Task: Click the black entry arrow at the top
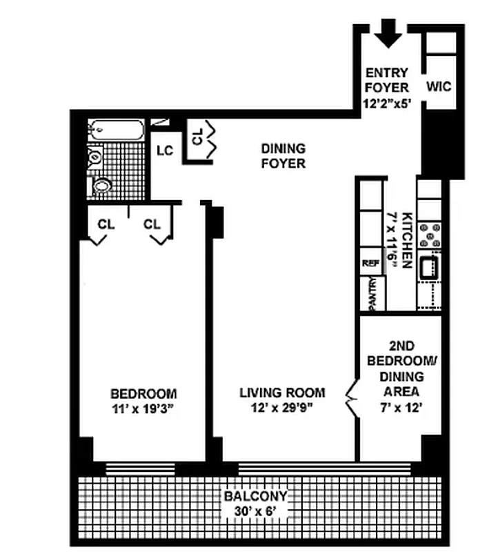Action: tap(390, 33)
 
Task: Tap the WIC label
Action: tap(439, 87)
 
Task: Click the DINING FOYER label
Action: tap(283, 156)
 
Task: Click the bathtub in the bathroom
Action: tap(117, 130)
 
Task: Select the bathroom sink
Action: tap(101, 185)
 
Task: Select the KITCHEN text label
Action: tap(406, 240)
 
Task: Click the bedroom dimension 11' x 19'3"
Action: tap(143, 408)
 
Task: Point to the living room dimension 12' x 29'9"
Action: tap(282, 408)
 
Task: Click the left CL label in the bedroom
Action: tap(106, 224)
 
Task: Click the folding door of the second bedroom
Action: tap(351, 400)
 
